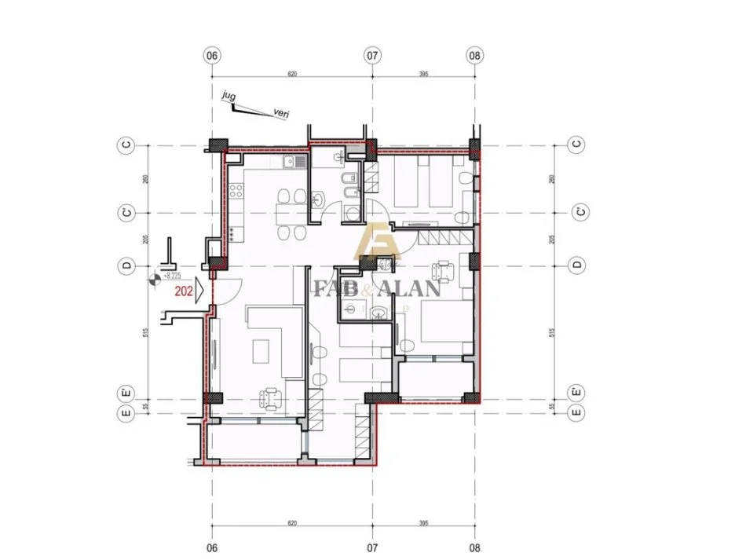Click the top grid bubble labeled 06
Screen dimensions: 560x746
(x=211, y=56)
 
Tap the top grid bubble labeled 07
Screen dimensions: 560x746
(x=373, y=56)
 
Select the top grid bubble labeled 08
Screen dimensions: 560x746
(x=474, y=56)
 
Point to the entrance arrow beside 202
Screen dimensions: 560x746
(x=199, y=289)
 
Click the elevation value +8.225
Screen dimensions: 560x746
(x=171, y=276)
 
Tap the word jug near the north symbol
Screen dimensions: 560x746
(x=229, y=97)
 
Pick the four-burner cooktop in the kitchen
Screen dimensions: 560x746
(x=233, y=232)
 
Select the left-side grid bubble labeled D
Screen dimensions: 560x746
(x=125, y=265)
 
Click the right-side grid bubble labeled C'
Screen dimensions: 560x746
(x=577, y=213)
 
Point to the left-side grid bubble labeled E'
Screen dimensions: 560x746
(x=125, y=391)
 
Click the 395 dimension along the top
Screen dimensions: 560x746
(x=423, y=75)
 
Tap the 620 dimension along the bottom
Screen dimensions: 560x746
(x=292, y=522)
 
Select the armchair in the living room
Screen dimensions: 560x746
(x=271, y=399)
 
